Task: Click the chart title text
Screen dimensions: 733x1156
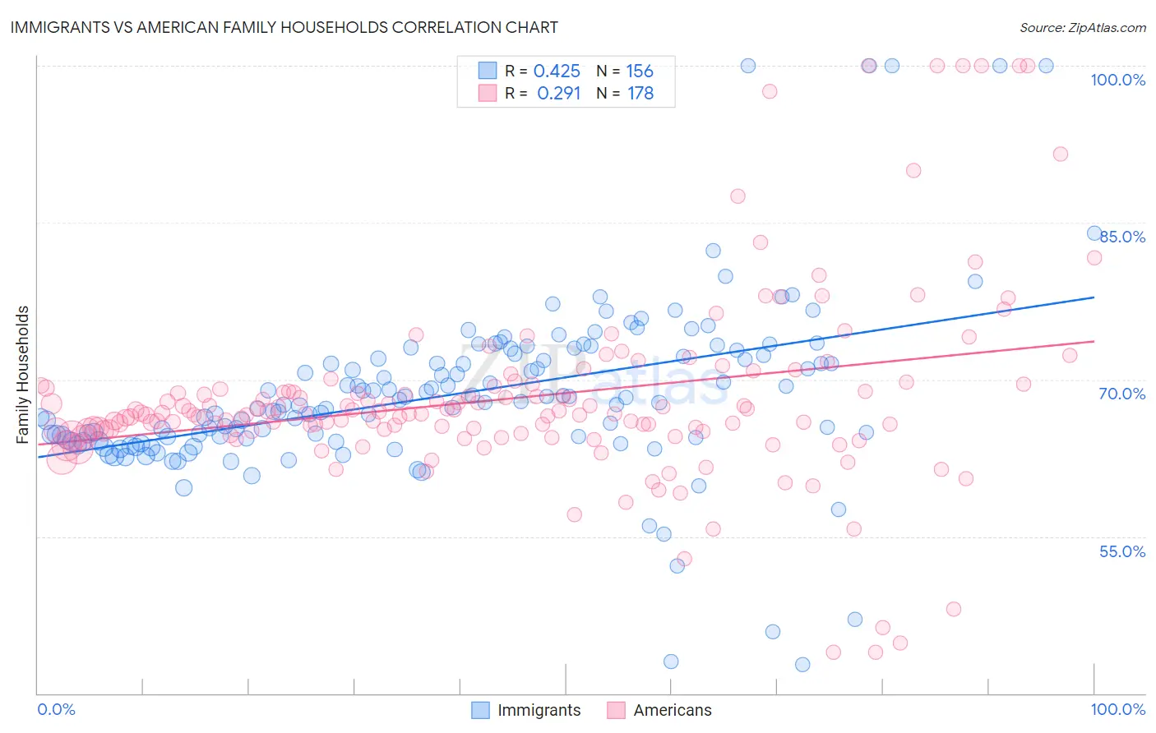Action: pos(284,27)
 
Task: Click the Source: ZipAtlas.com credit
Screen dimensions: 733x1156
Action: pos(1082,27)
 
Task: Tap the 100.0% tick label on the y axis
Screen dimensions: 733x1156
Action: pos(1117,80)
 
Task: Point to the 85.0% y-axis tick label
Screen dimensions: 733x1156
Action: pos(1121,237)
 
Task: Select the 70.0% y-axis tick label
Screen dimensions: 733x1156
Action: pos(1121,394)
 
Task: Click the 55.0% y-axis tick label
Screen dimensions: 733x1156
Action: pos(1121,551)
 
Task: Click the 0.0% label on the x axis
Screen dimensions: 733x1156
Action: pos(56,709)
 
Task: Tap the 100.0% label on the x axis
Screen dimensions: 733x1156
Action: pos(1117,709)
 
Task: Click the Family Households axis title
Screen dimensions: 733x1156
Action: pos(23,375)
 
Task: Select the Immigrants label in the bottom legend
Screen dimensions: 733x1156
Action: pos(539,710)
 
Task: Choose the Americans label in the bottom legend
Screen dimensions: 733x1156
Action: pos(672,710)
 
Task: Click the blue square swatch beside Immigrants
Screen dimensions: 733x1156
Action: pos(480,710)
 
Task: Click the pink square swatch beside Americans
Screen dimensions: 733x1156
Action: pos(616,710)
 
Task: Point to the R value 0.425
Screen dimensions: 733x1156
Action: pos(557,71)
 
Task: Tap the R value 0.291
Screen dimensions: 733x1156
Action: pos(558,94)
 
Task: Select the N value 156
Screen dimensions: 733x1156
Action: pos(640,71)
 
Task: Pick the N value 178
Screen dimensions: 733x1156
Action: pos(640,94)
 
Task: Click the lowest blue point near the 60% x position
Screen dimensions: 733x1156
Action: pos(671,662)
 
